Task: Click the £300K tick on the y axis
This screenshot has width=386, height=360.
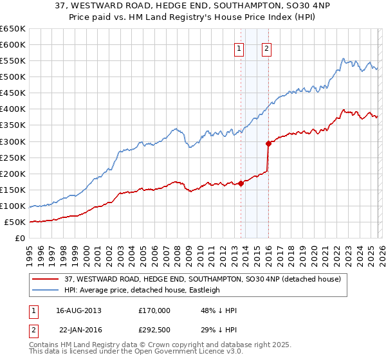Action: [13, 141]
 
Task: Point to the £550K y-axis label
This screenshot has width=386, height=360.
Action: [13, 61]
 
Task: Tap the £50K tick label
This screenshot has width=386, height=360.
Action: [15, 222]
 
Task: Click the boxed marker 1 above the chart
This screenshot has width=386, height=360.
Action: [239, 48]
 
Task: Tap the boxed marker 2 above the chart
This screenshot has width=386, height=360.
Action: [266, 48]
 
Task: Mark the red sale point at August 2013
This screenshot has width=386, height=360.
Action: [241, 183]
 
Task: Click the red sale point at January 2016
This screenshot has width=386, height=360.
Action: [268, 143]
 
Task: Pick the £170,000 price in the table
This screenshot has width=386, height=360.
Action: [155, 310]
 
